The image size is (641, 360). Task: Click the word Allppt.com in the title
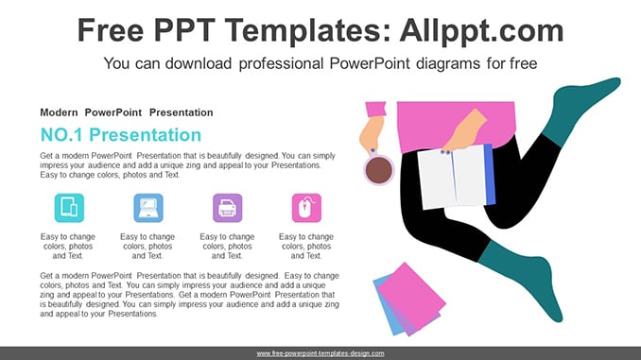pos(481,31)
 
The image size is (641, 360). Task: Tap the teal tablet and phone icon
pos(70,208)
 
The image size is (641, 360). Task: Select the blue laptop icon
pos(148,208)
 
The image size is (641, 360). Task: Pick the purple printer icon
pos(228,208)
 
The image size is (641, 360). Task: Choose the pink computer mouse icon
pos(306,208)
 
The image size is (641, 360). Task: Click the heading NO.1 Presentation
pos(121,135)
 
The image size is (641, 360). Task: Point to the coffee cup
pos(379,169)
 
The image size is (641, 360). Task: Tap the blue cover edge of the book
pos(490,175)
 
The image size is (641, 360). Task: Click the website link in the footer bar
pos(320,353)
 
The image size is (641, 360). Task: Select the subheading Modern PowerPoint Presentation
pos(127,112)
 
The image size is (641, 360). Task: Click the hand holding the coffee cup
pos(372,134)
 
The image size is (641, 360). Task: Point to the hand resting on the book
pos(465,130)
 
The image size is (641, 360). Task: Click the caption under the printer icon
pos(227,247)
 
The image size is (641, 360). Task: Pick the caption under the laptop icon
pos(147,247)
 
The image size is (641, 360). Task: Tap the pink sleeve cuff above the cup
pos(375,109)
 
